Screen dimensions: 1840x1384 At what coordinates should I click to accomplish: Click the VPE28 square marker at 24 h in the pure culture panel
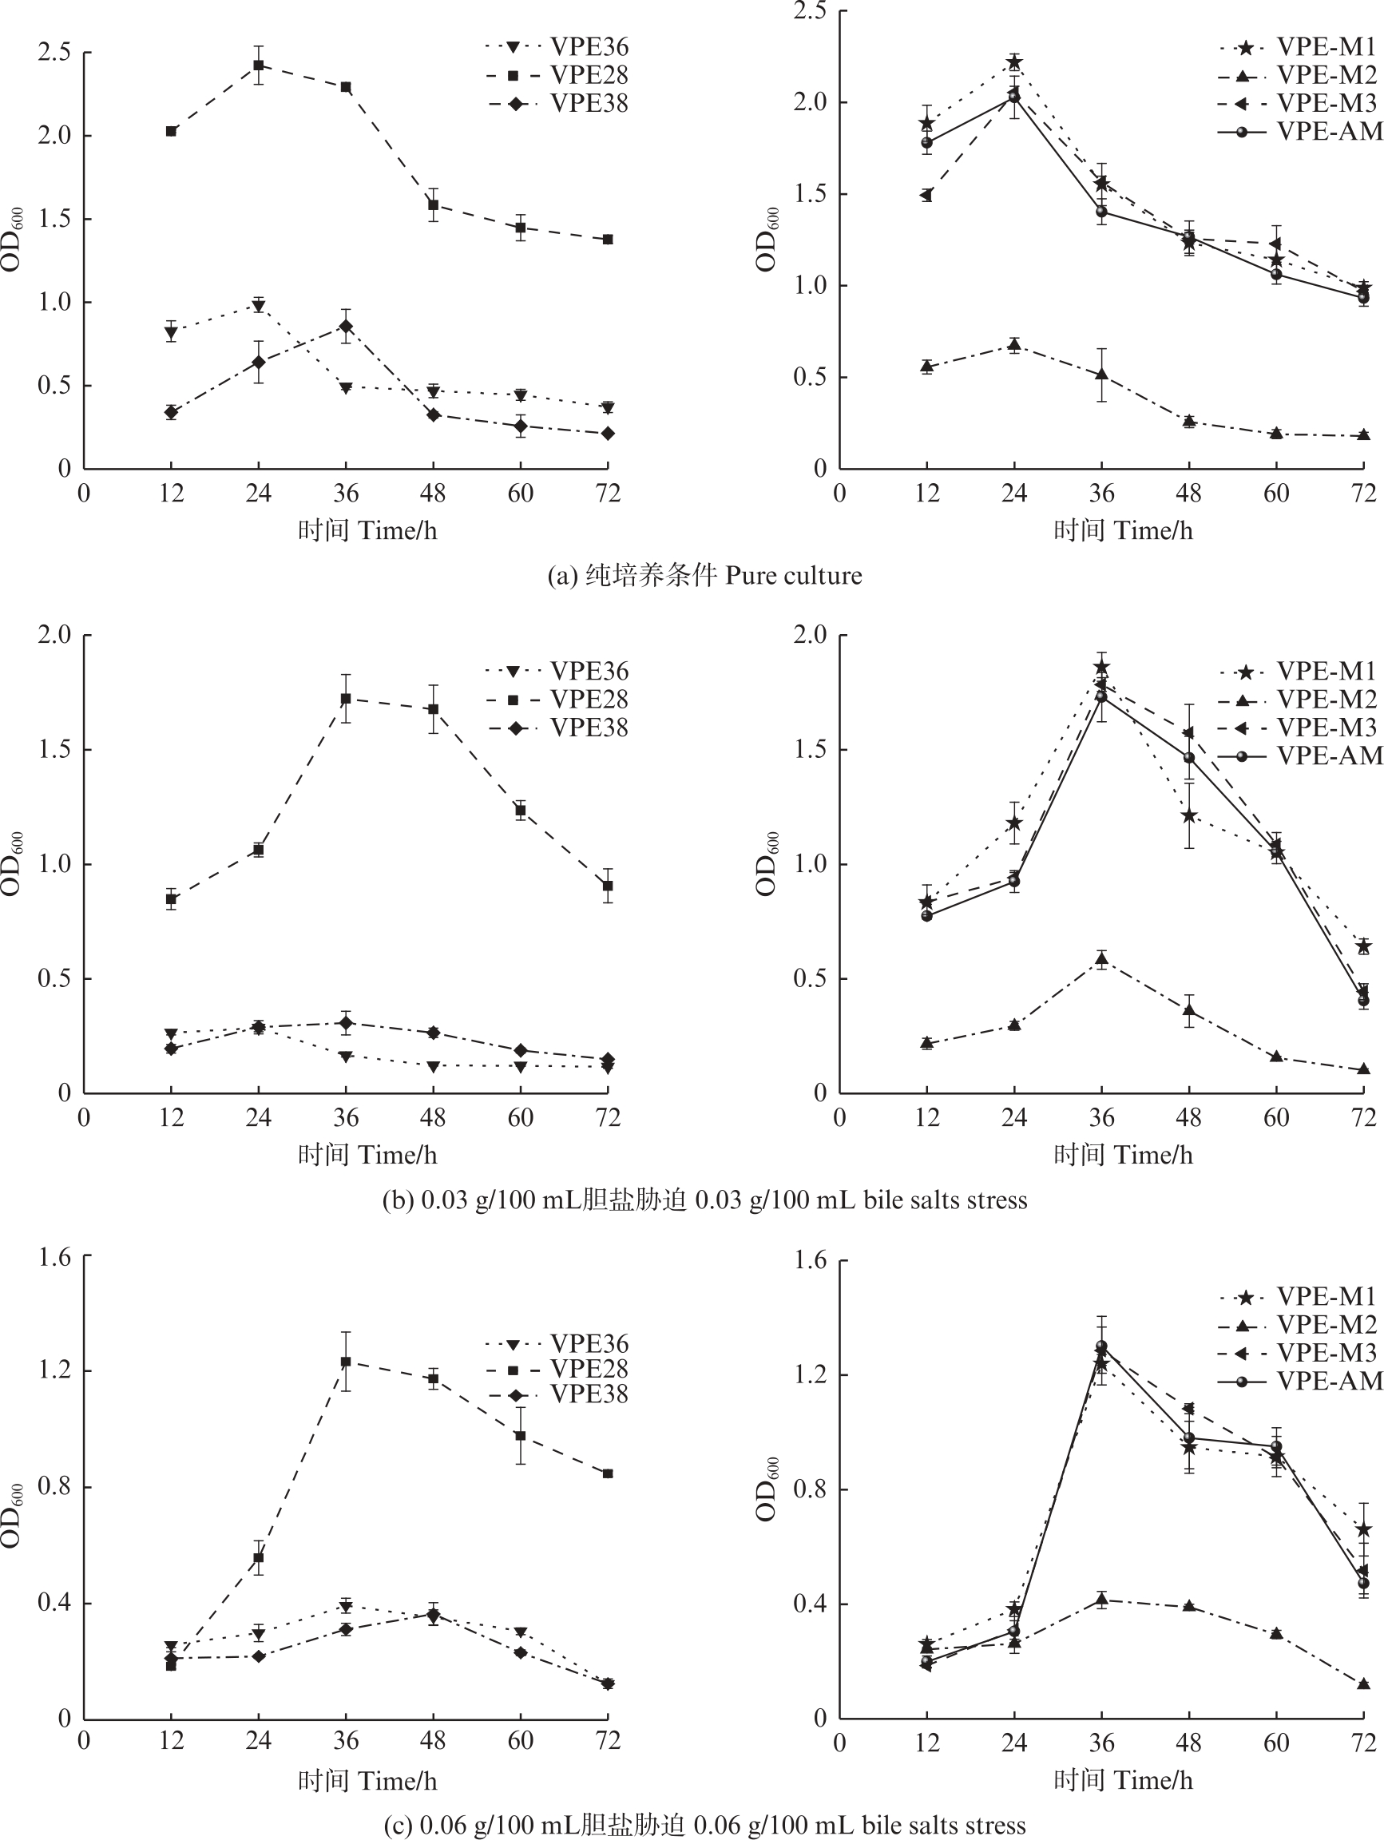click(259, 65)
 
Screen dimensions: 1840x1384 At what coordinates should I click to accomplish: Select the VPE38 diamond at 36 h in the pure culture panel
click(346, 326)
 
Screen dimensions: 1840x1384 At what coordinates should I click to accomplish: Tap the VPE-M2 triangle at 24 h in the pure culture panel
click(1014, 345)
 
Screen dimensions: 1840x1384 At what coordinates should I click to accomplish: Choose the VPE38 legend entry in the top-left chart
click(557, 103)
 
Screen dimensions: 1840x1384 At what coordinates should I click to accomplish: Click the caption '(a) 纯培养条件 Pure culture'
click(704, 576)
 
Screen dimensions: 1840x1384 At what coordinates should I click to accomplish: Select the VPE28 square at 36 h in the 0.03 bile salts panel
click(346, 699)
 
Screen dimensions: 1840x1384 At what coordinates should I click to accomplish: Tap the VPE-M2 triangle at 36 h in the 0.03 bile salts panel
click(1101, 960)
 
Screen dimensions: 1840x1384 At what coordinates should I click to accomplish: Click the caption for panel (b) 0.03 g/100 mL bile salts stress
click(704, 1200)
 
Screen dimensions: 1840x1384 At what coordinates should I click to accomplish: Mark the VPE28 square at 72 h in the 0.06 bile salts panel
click(608, 1473)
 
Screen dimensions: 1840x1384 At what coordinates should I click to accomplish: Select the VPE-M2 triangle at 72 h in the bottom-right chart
click(1363, 1684)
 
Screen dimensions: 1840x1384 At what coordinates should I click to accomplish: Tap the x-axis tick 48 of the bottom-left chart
click(434, 1740)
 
